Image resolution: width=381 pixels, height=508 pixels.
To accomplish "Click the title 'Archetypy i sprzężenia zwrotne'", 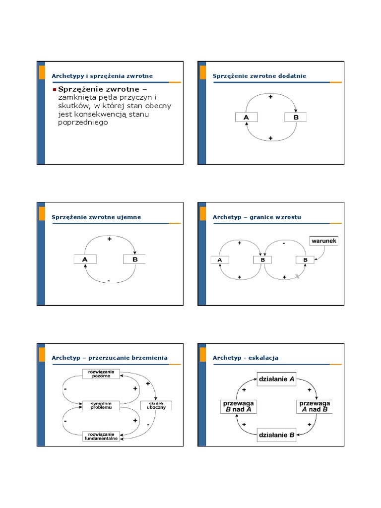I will click(x=102, y=76).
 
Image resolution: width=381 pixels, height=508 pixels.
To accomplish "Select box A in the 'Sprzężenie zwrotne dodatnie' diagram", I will click(x=246, y=117).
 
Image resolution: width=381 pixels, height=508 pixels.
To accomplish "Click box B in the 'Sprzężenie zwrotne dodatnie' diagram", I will click(x=296, y=117).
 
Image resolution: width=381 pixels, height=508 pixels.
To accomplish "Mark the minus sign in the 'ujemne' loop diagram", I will click(x=109, y=281).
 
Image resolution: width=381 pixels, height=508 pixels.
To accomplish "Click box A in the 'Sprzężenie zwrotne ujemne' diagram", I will click(x=85, y=259).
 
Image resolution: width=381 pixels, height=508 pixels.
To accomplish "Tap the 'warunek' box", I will click(x=324, y=241).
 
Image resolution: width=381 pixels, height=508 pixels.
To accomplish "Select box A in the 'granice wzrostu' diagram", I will click(x=220, y=259).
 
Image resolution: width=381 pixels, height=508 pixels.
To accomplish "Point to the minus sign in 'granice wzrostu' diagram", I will click(x=284, y=244).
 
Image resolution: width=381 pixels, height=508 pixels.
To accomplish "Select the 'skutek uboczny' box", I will click(x=156, y=405).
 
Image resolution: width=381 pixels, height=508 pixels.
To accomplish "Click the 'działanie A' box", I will click(x=276, y=380).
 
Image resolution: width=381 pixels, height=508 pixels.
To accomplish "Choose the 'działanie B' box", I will click(x=276, y=436).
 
